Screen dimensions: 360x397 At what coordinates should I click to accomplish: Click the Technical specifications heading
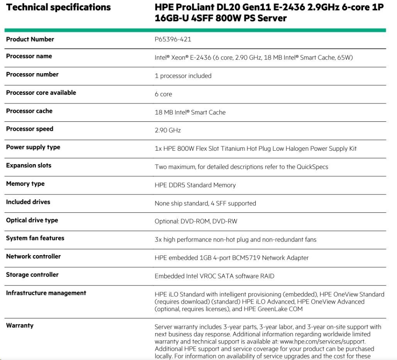pyautogui.click(x=58, y=7)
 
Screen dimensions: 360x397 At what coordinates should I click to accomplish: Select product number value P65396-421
pyautogui.click(x=173, y=39)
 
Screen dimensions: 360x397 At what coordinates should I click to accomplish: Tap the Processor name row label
pyautogui.click(x=29, y=56)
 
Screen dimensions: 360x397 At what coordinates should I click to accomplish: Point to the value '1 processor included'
pyautogui.click(x=183, y=76)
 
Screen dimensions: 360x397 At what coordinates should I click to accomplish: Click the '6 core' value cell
pyautogui.click(x=163, y=94)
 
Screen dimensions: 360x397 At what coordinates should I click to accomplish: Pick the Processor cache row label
pyautogui.click(x=29, y=111)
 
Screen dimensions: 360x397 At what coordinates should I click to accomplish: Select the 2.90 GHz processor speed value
pyautogui.click(x=167, y=130)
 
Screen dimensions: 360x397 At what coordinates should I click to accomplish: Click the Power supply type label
pyautogui.click(x=33, y=147)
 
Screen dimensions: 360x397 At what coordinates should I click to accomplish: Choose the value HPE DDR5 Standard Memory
pyautogui.click(x=195, y=185)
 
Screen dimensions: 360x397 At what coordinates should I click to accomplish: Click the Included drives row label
pyautogui.click(x=28, y=202)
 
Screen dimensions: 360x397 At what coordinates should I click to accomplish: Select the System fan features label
pyautogui.click(x=35, y=238)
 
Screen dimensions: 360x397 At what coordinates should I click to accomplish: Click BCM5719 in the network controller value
pyautogui.click(x=245, y=258)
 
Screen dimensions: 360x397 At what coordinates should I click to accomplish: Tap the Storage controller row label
pyautogui.click(x=32, y=275)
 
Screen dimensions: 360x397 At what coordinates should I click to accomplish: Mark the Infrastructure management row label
pyautogui.click(x=46, y=293)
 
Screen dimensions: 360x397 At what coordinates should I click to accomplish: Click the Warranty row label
pyautogui.click(x=20, y=326)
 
